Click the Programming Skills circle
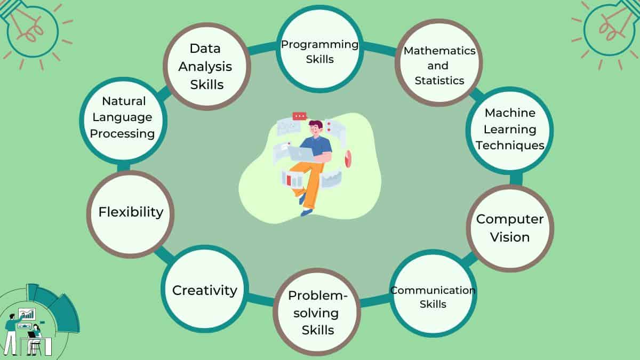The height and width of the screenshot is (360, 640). click(319, 49)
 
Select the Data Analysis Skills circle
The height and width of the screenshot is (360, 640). click(207, 67)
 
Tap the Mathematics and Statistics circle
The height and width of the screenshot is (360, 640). click(439, 62)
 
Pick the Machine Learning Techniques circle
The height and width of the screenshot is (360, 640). click(510, 131)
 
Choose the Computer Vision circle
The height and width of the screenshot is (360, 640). click(510, 228)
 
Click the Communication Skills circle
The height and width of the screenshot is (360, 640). click(433, 293)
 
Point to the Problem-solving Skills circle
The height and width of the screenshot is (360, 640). click(317, 312)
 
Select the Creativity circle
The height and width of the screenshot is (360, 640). click(205, 289)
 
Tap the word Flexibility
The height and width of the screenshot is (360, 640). click(131, 212)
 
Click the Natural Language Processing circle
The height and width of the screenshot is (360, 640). click(123, 121)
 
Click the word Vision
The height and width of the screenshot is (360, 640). click(510, 237)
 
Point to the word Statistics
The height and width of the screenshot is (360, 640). click(439, 81)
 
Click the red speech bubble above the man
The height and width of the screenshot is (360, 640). click(299, 116)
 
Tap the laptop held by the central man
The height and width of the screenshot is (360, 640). click(301, 155)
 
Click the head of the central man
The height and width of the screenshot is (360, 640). click(315, 129)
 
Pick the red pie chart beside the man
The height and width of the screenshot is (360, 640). click(348, 158)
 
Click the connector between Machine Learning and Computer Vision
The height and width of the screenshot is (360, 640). click(516, 179)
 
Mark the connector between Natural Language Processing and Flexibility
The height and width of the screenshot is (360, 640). click(123, 167)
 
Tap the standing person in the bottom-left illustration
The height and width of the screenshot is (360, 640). click(11, 334)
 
